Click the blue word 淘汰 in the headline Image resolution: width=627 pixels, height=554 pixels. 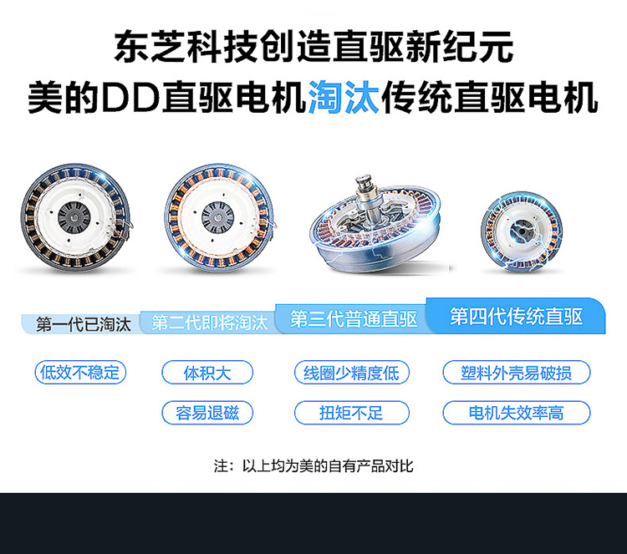344,97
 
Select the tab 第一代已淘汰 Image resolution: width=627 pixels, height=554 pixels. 83,324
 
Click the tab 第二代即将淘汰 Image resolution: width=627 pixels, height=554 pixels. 209,323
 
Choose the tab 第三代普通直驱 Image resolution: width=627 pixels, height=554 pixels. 353,319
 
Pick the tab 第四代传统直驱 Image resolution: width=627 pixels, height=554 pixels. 516,316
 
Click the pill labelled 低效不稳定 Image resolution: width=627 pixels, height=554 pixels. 80,373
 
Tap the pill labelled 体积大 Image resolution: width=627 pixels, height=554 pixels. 207,373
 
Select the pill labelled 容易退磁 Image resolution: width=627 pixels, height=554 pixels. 207,413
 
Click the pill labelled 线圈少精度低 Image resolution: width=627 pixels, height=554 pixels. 352,373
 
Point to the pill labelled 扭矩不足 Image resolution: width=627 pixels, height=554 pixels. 352,413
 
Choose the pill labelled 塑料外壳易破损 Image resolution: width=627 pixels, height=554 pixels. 517,373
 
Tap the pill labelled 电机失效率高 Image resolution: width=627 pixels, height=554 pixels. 517,413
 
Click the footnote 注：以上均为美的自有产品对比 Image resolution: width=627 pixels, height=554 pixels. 313,466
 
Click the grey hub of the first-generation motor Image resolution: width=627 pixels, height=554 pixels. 74,217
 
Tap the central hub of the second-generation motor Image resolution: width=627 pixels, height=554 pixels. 217,217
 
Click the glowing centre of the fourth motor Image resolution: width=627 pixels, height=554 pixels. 521,231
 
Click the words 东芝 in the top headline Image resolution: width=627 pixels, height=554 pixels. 150,47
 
